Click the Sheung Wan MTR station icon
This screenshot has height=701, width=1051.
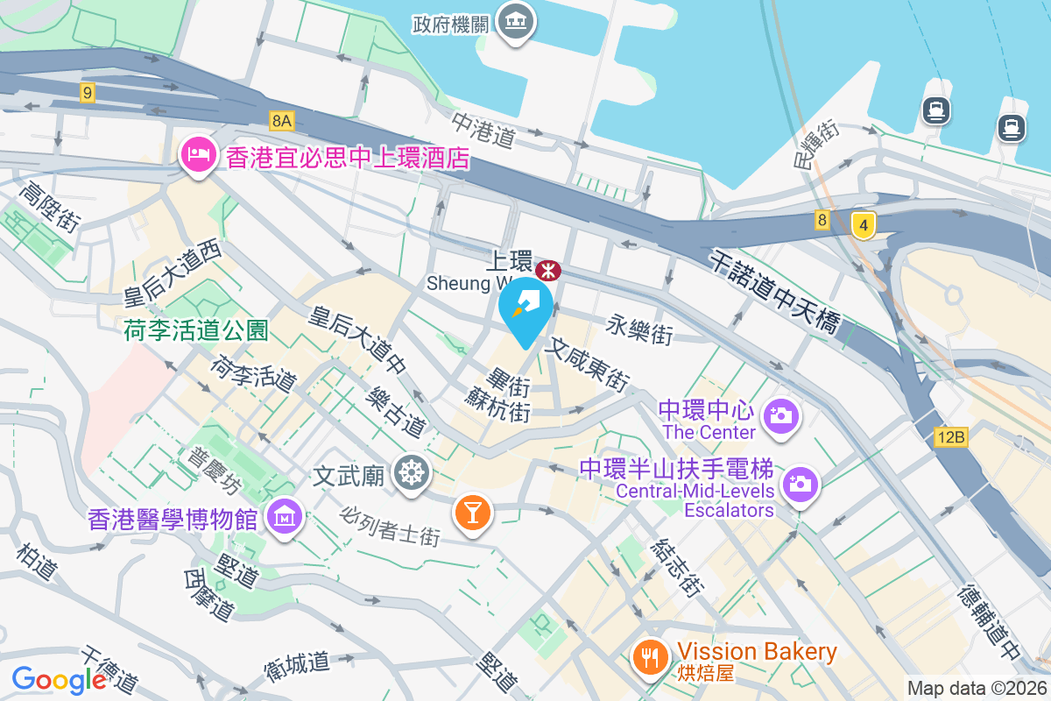click(x=548, y=267)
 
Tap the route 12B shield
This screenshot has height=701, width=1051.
click(x=949, y=436)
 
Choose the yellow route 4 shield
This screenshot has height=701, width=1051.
click(x=864, y=226)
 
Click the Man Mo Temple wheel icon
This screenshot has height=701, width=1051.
click(x=409, y=473)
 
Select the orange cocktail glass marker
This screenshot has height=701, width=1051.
click(x=473, y=511)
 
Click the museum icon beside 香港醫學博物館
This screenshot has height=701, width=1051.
click(x=286, y=517)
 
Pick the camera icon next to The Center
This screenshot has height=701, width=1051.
click(x=779, y=414)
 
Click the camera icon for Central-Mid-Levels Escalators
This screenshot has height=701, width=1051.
click(x=800, y=482)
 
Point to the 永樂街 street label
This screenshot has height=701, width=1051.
click(x=639, y=331)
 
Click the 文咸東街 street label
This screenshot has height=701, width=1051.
click(x=587, y=365)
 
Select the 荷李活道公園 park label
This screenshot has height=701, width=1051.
click(x=195, y=329)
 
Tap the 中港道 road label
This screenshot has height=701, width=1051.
click(x=483, y=128)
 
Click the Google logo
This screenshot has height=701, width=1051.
click(x=59, y=679)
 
